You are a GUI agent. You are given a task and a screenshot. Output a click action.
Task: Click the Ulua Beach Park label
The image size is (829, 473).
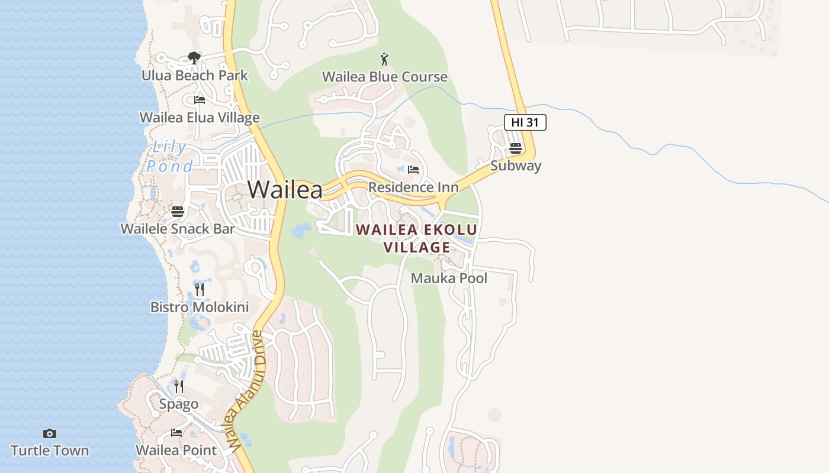pos(194,76)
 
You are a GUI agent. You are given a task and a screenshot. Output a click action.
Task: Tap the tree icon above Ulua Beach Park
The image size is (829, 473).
pos(194,57)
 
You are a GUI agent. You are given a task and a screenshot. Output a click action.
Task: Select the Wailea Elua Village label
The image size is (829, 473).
pos(199,118)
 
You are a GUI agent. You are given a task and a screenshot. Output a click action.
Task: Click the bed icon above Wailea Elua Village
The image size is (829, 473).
pos(200,99)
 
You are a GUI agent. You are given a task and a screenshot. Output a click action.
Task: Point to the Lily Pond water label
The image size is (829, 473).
pos(169,157)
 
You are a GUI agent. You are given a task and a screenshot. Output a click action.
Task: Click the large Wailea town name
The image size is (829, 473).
pos(285,190)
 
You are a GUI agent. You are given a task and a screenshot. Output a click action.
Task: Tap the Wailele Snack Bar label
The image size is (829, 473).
pos(178,229)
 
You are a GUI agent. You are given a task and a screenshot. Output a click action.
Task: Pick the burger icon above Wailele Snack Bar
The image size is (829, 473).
pos(178,211)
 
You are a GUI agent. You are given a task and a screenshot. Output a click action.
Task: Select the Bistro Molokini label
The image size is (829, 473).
pos(199,307)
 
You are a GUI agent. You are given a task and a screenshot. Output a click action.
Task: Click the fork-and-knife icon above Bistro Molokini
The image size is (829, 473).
pos(200,289)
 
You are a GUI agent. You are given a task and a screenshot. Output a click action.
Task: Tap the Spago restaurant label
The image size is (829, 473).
pos(178,404)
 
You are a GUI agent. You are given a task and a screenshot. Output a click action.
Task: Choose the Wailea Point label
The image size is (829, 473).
pos(176,451)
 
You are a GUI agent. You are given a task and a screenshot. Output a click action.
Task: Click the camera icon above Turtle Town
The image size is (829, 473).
pos(50,433)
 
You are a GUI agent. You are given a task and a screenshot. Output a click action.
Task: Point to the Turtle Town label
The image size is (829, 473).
pos(50,451)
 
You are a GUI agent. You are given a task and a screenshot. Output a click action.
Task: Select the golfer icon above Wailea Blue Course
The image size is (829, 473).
pos(384,59)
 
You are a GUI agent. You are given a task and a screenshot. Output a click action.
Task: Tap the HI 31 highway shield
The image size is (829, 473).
pos(525,122)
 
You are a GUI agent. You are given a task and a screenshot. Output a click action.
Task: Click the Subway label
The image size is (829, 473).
pos(515,166)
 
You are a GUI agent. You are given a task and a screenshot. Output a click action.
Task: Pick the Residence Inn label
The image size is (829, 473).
pos(413,187)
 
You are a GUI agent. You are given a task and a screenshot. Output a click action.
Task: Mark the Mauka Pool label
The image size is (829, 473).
pos(449,278)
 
